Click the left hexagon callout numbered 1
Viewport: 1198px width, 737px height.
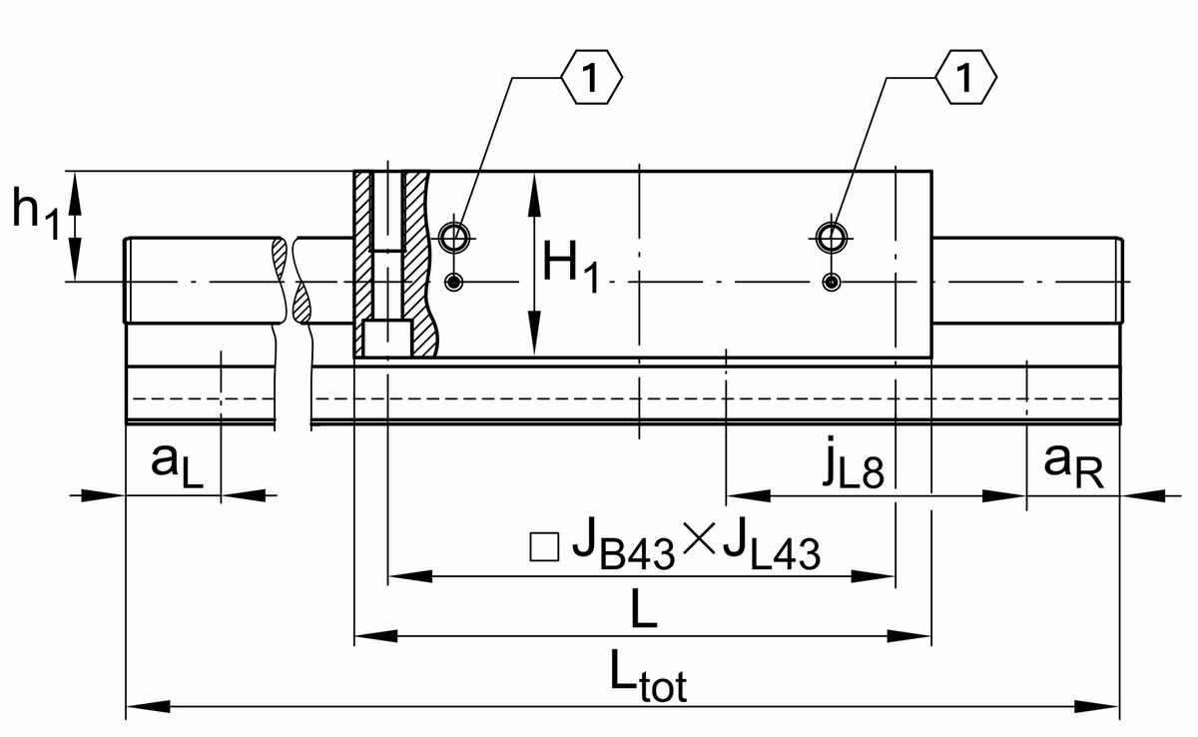(591, 78)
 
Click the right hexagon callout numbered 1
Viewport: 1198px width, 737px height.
(966, 78)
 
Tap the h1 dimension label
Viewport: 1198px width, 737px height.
(36, 212)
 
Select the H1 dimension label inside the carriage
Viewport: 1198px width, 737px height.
(571, 267)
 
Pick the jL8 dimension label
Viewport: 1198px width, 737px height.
(853, 462)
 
